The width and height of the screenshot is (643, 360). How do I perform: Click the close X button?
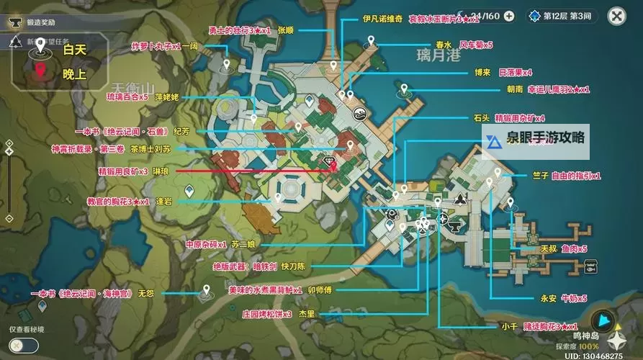click(616, 16)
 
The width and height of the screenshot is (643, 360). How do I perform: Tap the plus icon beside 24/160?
click(509, 16)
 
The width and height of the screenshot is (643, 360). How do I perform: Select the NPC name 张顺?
click(286, 30)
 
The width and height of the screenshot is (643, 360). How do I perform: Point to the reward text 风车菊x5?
click(477, 45)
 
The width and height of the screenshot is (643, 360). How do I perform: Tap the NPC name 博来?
click(482, 72)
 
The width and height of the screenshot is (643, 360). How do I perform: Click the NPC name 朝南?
click(515, 90)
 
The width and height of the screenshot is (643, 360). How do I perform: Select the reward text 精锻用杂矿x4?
click(518, 117)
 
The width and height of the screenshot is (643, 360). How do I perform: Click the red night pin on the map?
click(333, 166)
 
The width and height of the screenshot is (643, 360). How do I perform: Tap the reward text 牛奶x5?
click(574, 298)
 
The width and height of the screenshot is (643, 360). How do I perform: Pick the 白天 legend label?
click(74, 50)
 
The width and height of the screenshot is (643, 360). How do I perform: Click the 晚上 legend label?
click(74, 73)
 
